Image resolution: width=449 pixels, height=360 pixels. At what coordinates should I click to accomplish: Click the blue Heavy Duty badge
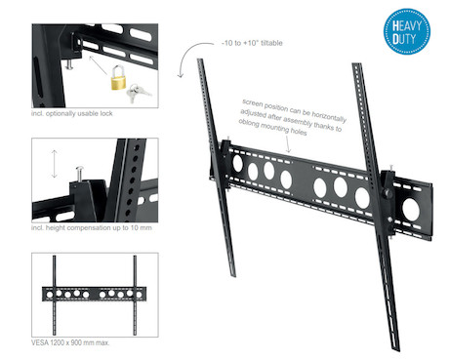click(x=406, y=31)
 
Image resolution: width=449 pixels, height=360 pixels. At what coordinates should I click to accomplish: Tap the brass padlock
click(x=118, y=78)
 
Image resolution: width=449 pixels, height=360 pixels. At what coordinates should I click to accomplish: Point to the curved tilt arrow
click(x=190, y=57)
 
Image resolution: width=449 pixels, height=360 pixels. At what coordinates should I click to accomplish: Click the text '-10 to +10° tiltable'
click(x=252, y=43)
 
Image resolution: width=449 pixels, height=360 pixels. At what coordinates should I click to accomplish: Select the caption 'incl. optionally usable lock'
click(x=72, y=113)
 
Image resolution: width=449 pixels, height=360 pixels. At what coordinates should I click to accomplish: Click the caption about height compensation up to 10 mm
click(x=92, y=227)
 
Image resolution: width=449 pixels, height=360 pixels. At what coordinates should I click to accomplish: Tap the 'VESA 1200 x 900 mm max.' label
click(x=70, y=342)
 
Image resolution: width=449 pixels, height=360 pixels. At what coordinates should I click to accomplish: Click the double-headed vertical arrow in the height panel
click(x=55, y=164)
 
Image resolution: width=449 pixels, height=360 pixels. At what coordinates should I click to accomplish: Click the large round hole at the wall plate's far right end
click(x=411, y=209)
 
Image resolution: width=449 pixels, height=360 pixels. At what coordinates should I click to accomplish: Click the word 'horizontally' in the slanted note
click(x=329, y=115)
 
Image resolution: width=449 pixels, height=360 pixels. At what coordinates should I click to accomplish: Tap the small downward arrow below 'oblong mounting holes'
click(x=288, y=143)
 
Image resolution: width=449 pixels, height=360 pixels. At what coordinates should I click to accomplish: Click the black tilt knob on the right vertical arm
click(x=388, y=193)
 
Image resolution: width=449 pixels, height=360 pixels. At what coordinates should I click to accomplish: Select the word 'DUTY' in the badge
click(x=404, y=39)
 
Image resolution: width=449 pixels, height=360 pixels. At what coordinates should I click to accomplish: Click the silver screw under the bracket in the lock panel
click(x=69, y=63)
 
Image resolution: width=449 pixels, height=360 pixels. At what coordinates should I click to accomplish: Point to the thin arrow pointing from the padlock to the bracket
click(x=99, y=65)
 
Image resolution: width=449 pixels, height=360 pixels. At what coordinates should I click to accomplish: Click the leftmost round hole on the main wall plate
click(x=237, y=163)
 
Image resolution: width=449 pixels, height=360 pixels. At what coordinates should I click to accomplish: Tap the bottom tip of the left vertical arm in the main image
click(x=233, y=276)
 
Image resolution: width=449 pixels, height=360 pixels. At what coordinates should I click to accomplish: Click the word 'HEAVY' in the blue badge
click(x=407, y=26)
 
